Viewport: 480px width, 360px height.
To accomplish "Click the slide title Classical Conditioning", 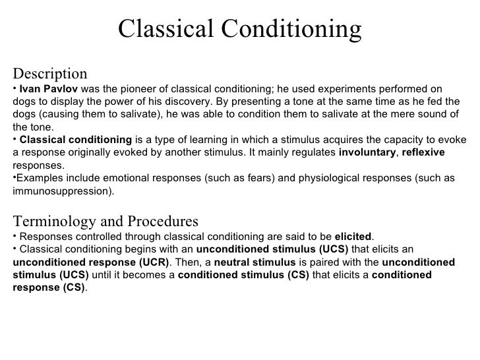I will pos(240,28).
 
